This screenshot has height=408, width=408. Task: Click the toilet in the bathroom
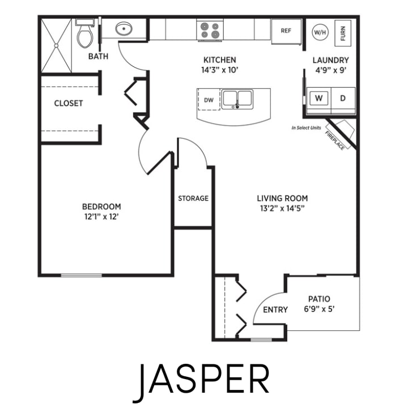pyautogui.click(x=85, y=36)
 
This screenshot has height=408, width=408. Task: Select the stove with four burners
pyautogui.click(x=210, y=29)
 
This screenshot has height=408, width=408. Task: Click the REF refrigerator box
pyautogui.click(x=286, y=30)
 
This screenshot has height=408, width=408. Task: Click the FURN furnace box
pyautogui.click(x=343, y=31)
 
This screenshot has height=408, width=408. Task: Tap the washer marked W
pyautogui.click(x=319, y=98)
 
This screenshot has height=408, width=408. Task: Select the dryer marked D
pyautogui.click(x=342, y=98)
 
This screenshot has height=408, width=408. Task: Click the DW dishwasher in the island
pyautogui.click(x=209, y=100)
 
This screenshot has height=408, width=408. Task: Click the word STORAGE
pyautogui.click(x=193, y=198)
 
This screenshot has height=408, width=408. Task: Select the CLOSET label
pyautogui.click(x=69, y=103)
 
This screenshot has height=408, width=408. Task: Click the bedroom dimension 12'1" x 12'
pyautogui.click(x=101, y=216)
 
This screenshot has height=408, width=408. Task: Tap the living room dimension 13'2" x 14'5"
pyautogui.click(x=282, y=208)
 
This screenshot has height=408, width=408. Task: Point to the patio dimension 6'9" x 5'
pyautogui.click(x=319, y=309)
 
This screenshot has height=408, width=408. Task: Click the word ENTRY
pyautogui.click(x=275, y=309)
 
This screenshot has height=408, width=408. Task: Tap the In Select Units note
pyautogui.click(x=306, y=128)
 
